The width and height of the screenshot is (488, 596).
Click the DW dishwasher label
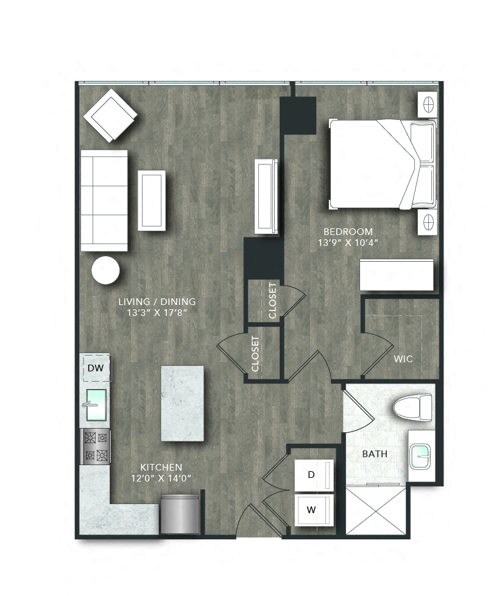click(95, 368)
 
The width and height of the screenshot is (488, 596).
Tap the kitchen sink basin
click(96, 404)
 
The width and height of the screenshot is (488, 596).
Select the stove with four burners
click(96, 446)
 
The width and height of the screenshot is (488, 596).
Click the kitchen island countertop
click(182, 403)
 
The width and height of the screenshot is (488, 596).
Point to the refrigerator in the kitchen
click(180, 515)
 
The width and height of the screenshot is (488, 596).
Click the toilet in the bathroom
click(412, 407)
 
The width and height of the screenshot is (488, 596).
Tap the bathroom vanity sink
click(420, 456)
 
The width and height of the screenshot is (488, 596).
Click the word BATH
click(375, 454)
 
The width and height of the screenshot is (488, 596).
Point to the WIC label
click(403, 359)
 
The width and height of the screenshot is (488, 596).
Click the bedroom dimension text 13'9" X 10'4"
click(348, 243)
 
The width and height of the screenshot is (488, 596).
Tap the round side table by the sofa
click(106, 270)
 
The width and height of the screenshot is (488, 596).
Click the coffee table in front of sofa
click(152, 200)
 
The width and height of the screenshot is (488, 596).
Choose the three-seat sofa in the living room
click(104, 200)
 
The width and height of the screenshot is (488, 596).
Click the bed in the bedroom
click(383, 164)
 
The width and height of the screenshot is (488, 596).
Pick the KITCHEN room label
click(161, 467)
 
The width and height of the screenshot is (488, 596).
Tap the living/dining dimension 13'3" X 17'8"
click(157, 313)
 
